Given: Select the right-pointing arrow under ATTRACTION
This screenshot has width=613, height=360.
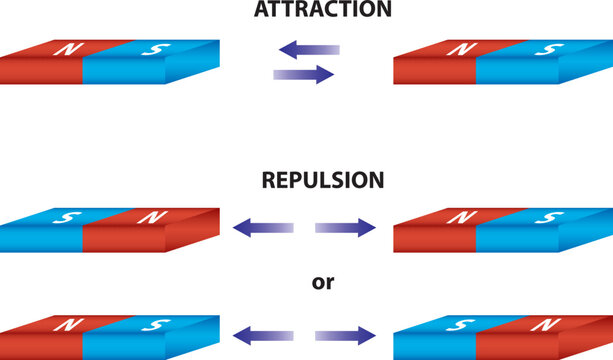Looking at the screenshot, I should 304,74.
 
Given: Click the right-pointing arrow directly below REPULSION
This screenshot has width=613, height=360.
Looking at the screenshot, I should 346,229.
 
